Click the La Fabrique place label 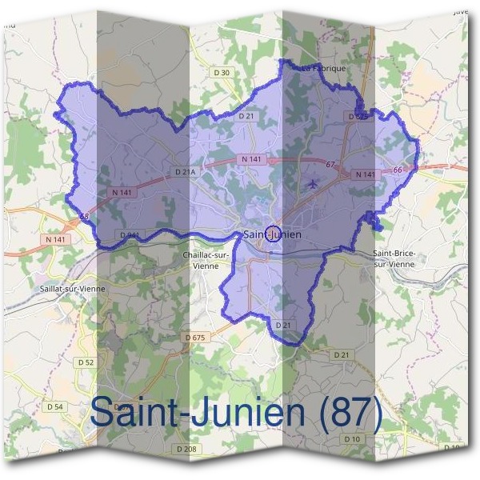(x=324, y=69)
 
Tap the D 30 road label (x=221, y=73)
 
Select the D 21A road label (x=184, y=171)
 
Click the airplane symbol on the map (x=312, y=185)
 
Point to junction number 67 (x=330, y=165)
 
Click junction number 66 (x=397, y=170)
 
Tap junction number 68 (x=85, y=216)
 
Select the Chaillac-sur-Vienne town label (x=206, y=259)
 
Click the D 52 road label (x=86, y=362)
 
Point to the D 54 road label (x=55, y=406)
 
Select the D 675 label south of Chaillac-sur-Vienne (x=195, y=338)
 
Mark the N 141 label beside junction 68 (x=55, y=240)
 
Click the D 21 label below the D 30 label (x=246, y=116)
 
